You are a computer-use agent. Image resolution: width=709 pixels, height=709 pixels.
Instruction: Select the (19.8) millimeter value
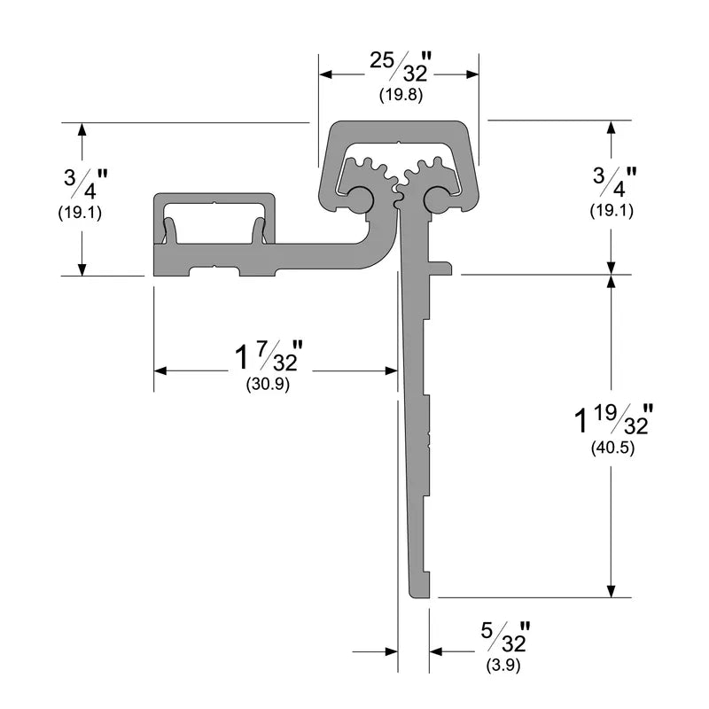pos(398,94)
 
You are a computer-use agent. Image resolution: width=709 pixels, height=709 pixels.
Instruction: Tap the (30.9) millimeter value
pos(267,385)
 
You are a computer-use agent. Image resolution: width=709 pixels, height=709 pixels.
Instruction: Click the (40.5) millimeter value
pos(612,448)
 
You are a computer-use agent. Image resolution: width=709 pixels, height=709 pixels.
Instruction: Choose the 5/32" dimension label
pos(505,639)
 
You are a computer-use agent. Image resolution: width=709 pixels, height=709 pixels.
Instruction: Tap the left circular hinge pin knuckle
pos(360,200)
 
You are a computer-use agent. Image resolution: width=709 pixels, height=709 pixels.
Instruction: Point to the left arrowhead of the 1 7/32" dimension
pos(160,370)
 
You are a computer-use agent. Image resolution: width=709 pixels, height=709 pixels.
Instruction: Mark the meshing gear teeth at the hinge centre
pos(398,172)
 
